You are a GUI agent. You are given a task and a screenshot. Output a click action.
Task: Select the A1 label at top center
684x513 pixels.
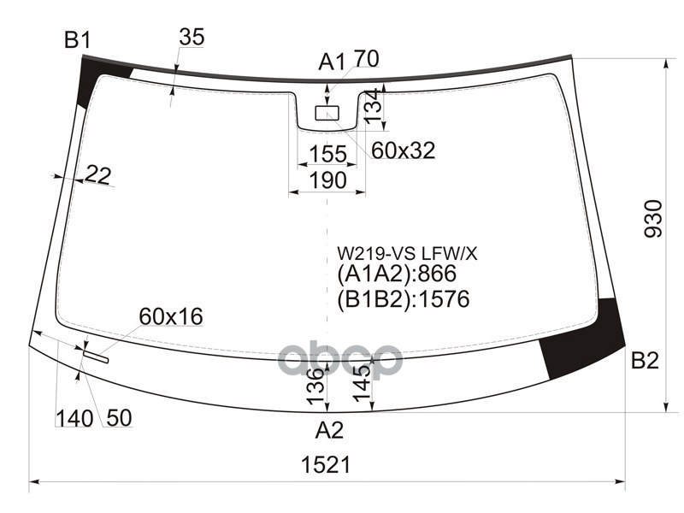coord(332,62)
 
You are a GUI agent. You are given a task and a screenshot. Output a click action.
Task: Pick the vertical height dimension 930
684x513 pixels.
coord(654,220)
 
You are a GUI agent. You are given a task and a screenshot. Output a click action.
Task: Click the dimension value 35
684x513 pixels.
coord(192,37)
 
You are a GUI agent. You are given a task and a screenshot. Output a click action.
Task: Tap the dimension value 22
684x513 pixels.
coord(98,175)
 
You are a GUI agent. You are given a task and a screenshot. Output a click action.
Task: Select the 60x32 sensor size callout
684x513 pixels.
coord(403,150)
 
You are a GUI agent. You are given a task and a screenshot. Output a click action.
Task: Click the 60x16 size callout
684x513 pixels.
coord(170,317)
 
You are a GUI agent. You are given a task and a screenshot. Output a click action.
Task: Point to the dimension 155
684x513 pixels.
coord(327,154)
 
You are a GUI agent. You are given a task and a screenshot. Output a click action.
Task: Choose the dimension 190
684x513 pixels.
coord(327,180)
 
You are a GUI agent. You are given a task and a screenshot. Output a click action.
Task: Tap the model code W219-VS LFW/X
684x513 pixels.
coord(405,253)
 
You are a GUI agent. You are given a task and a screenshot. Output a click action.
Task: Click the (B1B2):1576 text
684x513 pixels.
coord(404,299)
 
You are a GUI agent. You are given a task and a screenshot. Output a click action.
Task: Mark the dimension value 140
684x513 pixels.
coord(74,418)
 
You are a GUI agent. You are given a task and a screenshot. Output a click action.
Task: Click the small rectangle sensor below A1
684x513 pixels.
coord(327,113)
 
